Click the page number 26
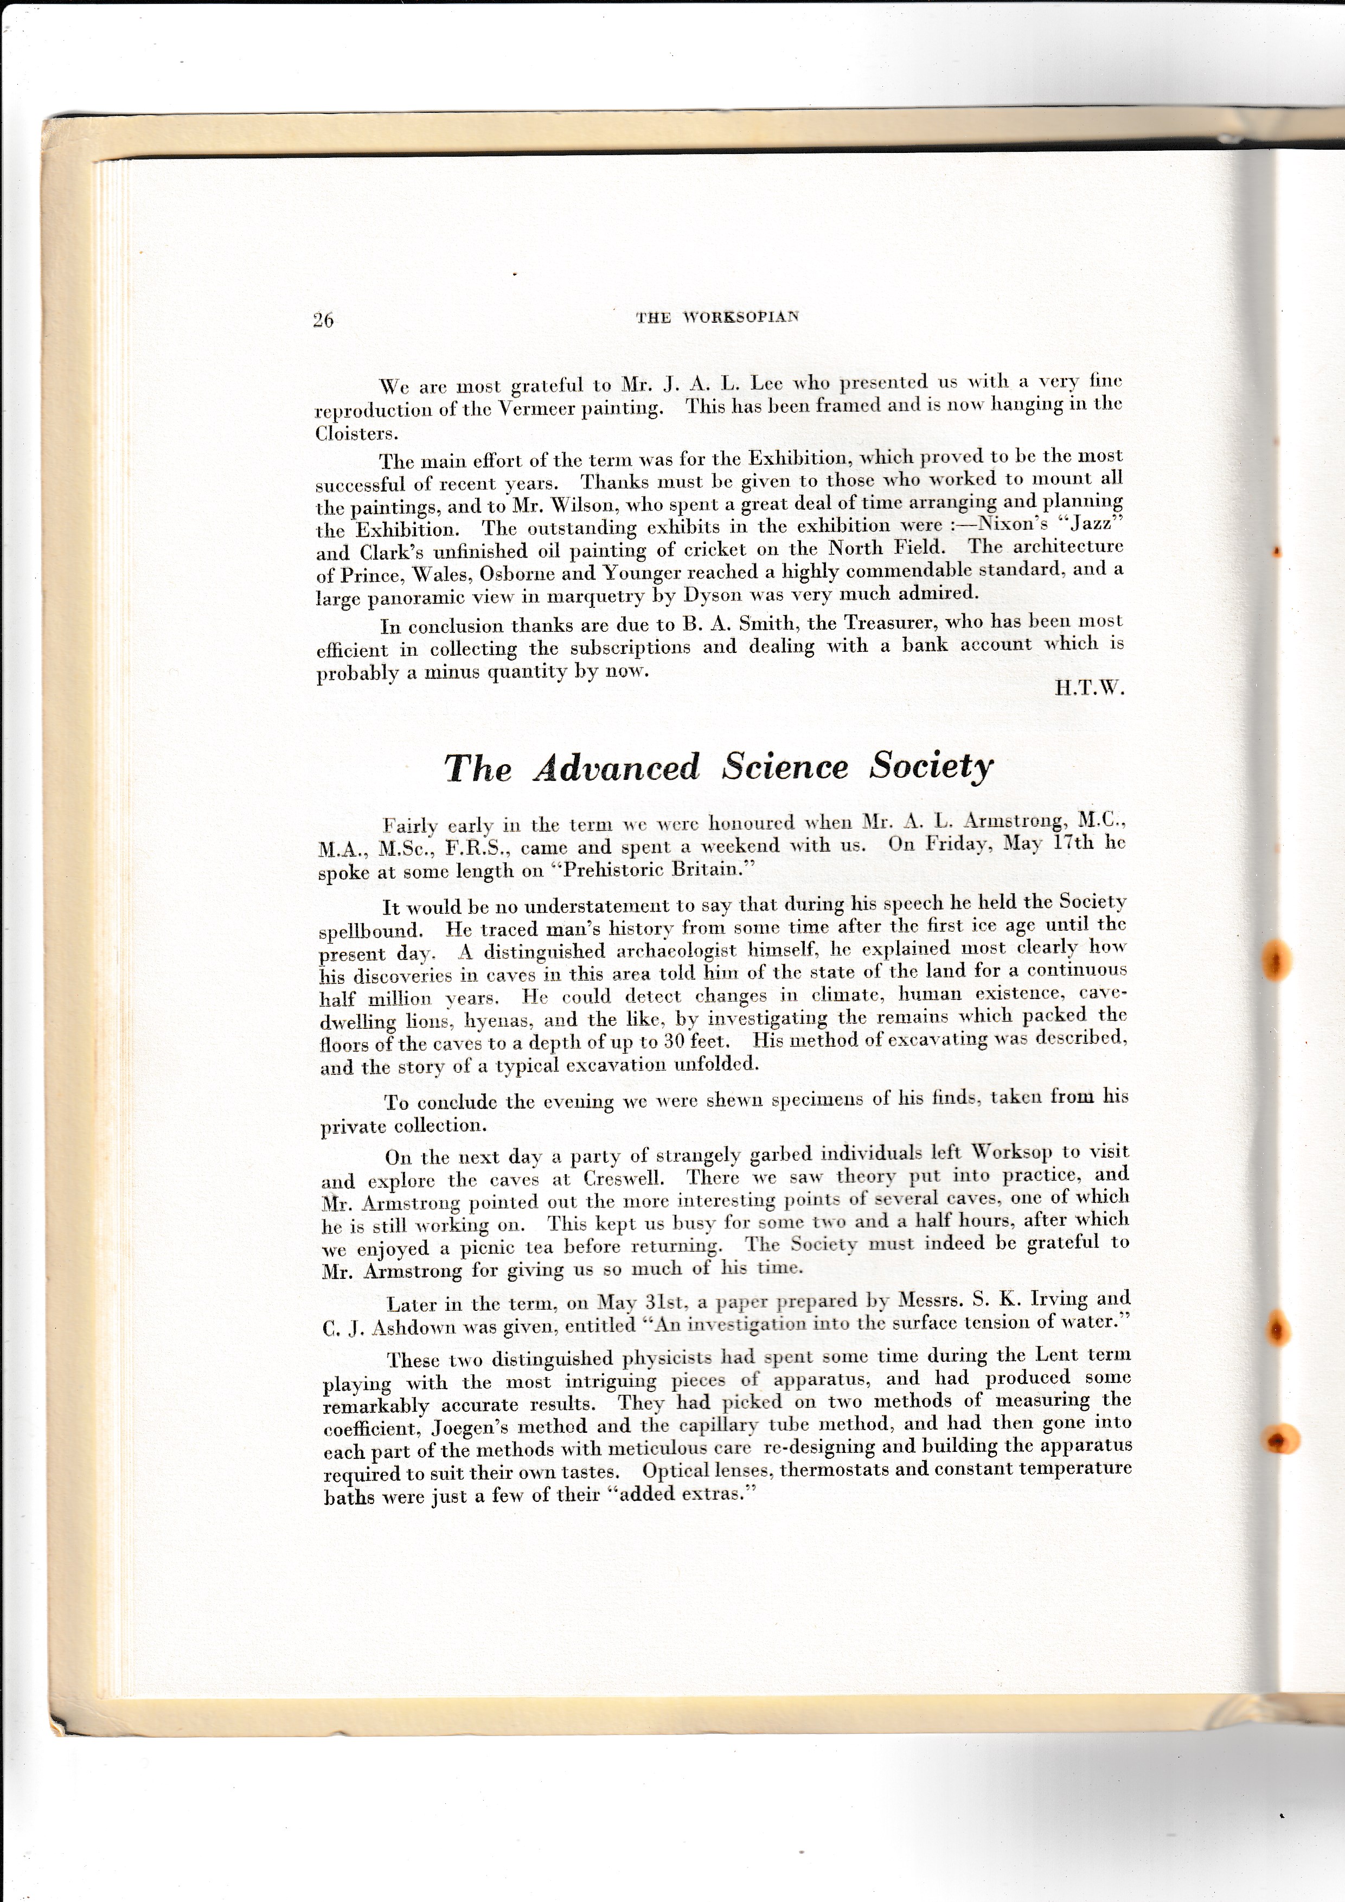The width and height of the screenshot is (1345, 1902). pyautogui.click(x=323, y=321)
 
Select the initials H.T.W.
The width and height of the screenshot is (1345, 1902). pyautogui.click(x=1089, y=688)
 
